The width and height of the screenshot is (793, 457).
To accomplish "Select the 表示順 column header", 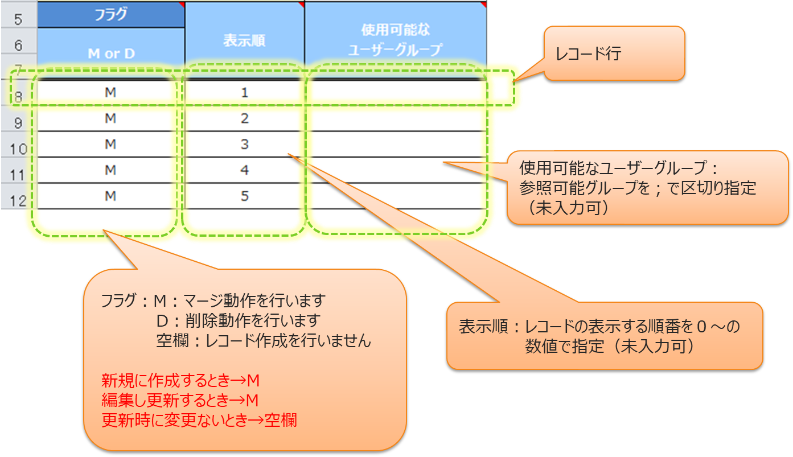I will click(x=245, y=40).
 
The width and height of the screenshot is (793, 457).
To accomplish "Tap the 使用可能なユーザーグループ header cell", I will click(x=395, y=39).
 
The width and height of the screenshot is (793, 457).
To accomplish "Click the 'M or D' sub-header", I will click(x=111, y=53).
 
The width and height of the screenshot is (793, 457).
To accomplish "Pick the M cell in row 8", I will click(x=110, y=92).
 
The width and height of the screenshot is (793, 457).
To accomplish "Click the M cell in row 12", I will click(x=110, y=196).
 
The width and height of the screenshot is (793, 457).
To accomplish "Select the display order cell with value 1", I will click(x=245, y=92).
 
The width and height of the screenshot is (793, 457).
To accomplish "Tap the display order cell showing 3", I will click(x=245, y=144).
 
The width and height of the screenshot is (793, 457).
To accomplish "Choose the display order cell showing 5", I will click(x=245, y=196).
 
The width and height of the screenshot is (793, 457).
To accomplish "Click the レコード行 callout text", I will click(x=589, y=54).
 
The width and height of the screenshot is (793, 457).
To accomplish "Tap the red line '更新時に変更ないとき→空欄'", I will click(x=199, y=421).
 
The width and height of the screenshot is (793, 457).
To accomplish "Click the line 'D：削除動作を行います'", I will click(x=238, y=320).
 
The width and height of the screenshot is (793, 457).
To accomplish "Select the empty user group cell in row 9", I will click(x=395, y=118).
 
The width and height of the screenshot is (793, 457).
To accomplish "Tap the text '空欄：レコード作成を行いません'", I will click(x=264, y=340).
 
